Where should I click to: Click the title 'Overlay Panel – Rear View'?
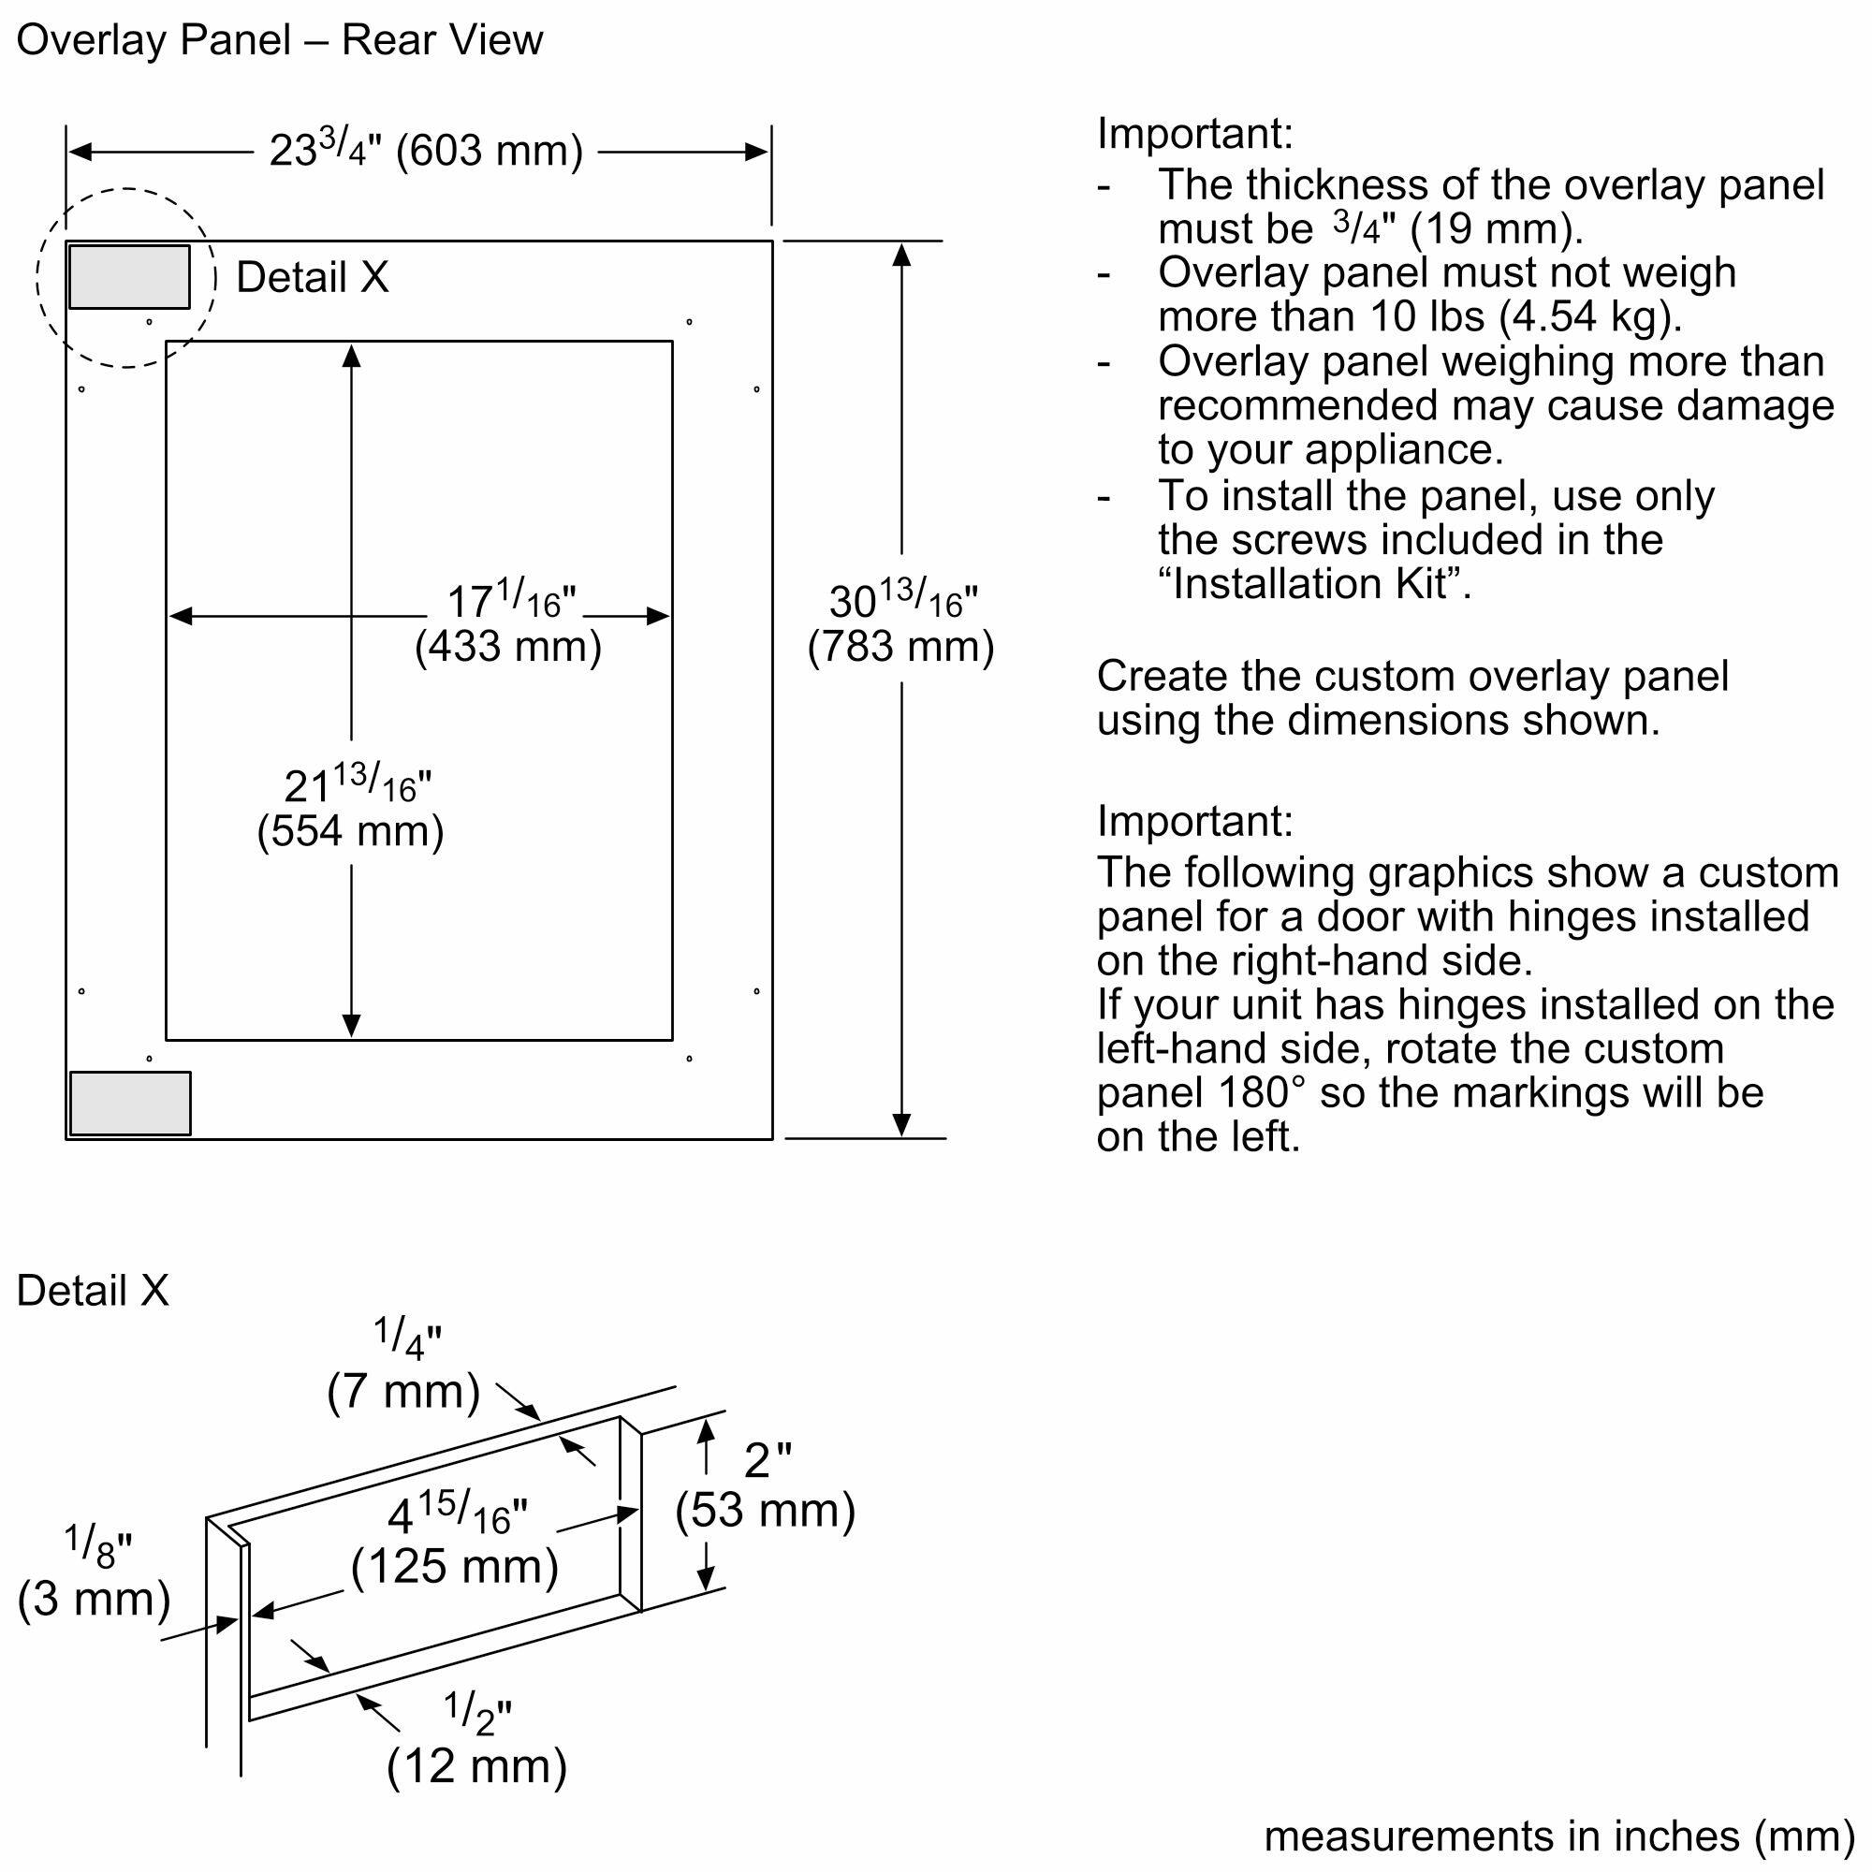[279, 40]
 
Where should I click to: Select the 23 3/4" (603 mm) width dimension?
[425, 151]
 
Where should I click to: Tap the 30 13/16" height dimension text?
[902, 601]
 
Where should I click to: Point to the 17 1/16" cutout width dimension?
[511, 601]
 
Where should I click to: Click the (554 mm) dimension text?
[350, 831]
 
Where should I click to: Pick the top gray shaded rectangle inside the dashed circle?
[129, 277]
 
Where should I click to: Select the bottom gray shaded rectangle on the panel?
[130, 1103]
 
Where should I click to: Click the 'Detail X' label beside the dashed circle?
[312, 278]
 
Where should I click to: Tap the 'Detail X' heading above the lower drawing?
[93, 1292]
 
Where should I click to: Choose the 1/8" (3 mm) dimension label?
[94, 1574]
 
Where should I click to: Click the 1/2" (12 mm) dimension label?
[475, 1741]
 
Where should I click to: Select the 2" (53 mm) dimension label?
[766, 1485]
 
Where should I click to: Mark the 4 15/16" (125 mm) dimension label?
[456, 1542]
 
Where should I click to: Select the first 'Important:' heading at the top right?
[1193, 134]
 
